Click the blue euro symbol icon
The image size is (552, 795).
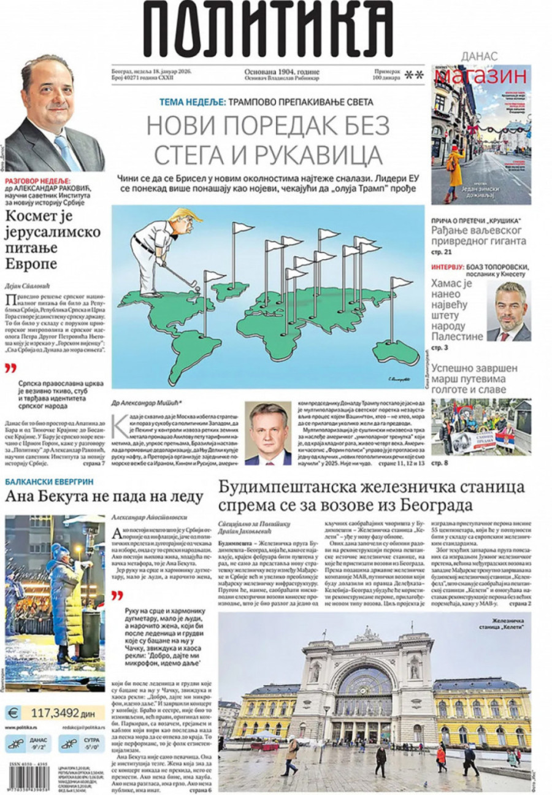click(12, 713)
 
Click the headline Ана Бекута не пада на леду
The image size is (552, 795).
click(104, 496)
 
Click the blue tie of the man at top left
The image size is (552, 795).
click(66, 150)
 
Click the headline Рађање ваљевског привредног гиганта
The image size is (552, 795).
click(478, 236)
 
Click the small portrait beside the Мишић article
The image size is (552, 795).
click(268, 433)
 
